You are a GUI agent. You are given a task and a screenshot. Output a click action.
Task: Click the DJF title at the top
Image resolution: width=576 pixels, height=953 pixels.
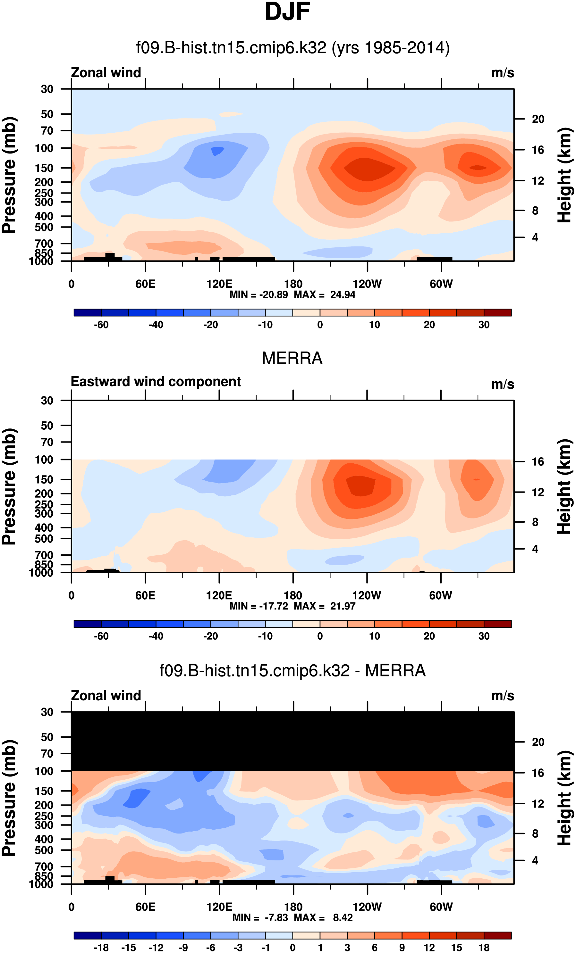coord(287,12)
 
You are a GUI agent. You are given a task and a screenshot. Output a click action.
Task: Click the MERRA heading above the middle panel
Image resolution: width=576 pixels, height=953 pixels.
coord(292,358)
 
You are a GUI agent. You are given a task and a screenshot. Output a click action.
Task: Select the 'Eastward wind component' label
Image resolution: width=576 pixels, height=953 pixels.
coord(156,381)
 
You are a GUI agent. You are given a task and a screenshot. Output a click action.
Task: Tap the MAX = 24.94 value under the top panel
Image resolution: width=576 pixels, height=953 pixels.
coord(324,295)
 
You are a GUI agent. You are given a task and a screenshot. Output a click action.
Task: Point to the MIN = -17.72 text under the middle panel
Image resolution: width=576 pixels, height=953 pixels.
coord(258,606)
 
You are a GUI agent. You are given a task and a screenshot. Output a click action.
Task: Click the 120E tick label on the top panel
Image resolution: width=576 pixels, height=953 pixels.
coord(219,284)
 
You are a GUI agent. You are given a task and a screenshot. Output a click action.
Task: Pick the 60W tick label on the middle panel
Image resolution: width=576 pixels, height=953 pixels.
coord(441,595)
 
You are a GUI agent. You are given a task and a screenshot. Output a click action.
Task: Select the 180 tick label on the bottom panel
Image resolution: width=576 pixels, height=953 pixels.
coord(293,907)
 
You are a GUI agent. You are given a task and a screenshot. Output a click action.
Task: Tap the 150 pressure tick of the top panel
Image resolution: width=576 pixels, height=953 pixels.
coord(44,168)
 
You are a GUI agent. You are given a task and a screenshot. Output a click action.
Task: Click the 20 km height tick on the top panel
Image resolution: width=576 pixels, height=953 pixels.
coord(538,119)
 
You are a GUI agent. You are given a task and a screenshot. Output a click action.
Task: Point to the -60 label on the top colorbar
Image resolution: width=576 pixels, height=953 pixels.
coord(101,325)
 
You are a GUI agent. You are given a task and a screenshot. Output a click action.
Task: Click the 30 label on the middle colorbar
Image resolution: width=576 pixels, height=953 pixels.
coord(484,636)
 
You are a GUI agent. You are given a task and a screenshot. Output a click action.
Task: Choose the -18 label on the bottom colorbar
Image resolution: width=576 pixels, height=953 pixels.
coord(101,948)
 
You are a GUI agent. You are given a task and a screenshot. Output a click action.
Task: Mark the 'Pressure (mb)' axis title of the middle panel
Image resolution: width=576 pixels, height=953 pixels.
coord(9,486)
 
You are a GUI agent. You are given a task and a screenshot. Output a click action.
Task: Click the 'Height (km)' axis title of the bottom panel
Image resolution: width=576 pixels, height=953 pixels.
coord(564,798)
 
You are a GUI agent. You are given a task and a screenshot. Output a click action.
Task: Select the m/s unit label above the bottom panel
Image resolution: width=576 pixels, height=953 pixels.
coord(503,696)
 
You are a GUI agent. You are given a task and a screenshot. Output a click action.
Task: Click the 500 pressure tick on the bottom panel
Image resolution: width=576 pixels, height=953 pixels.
coord(44,850)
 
